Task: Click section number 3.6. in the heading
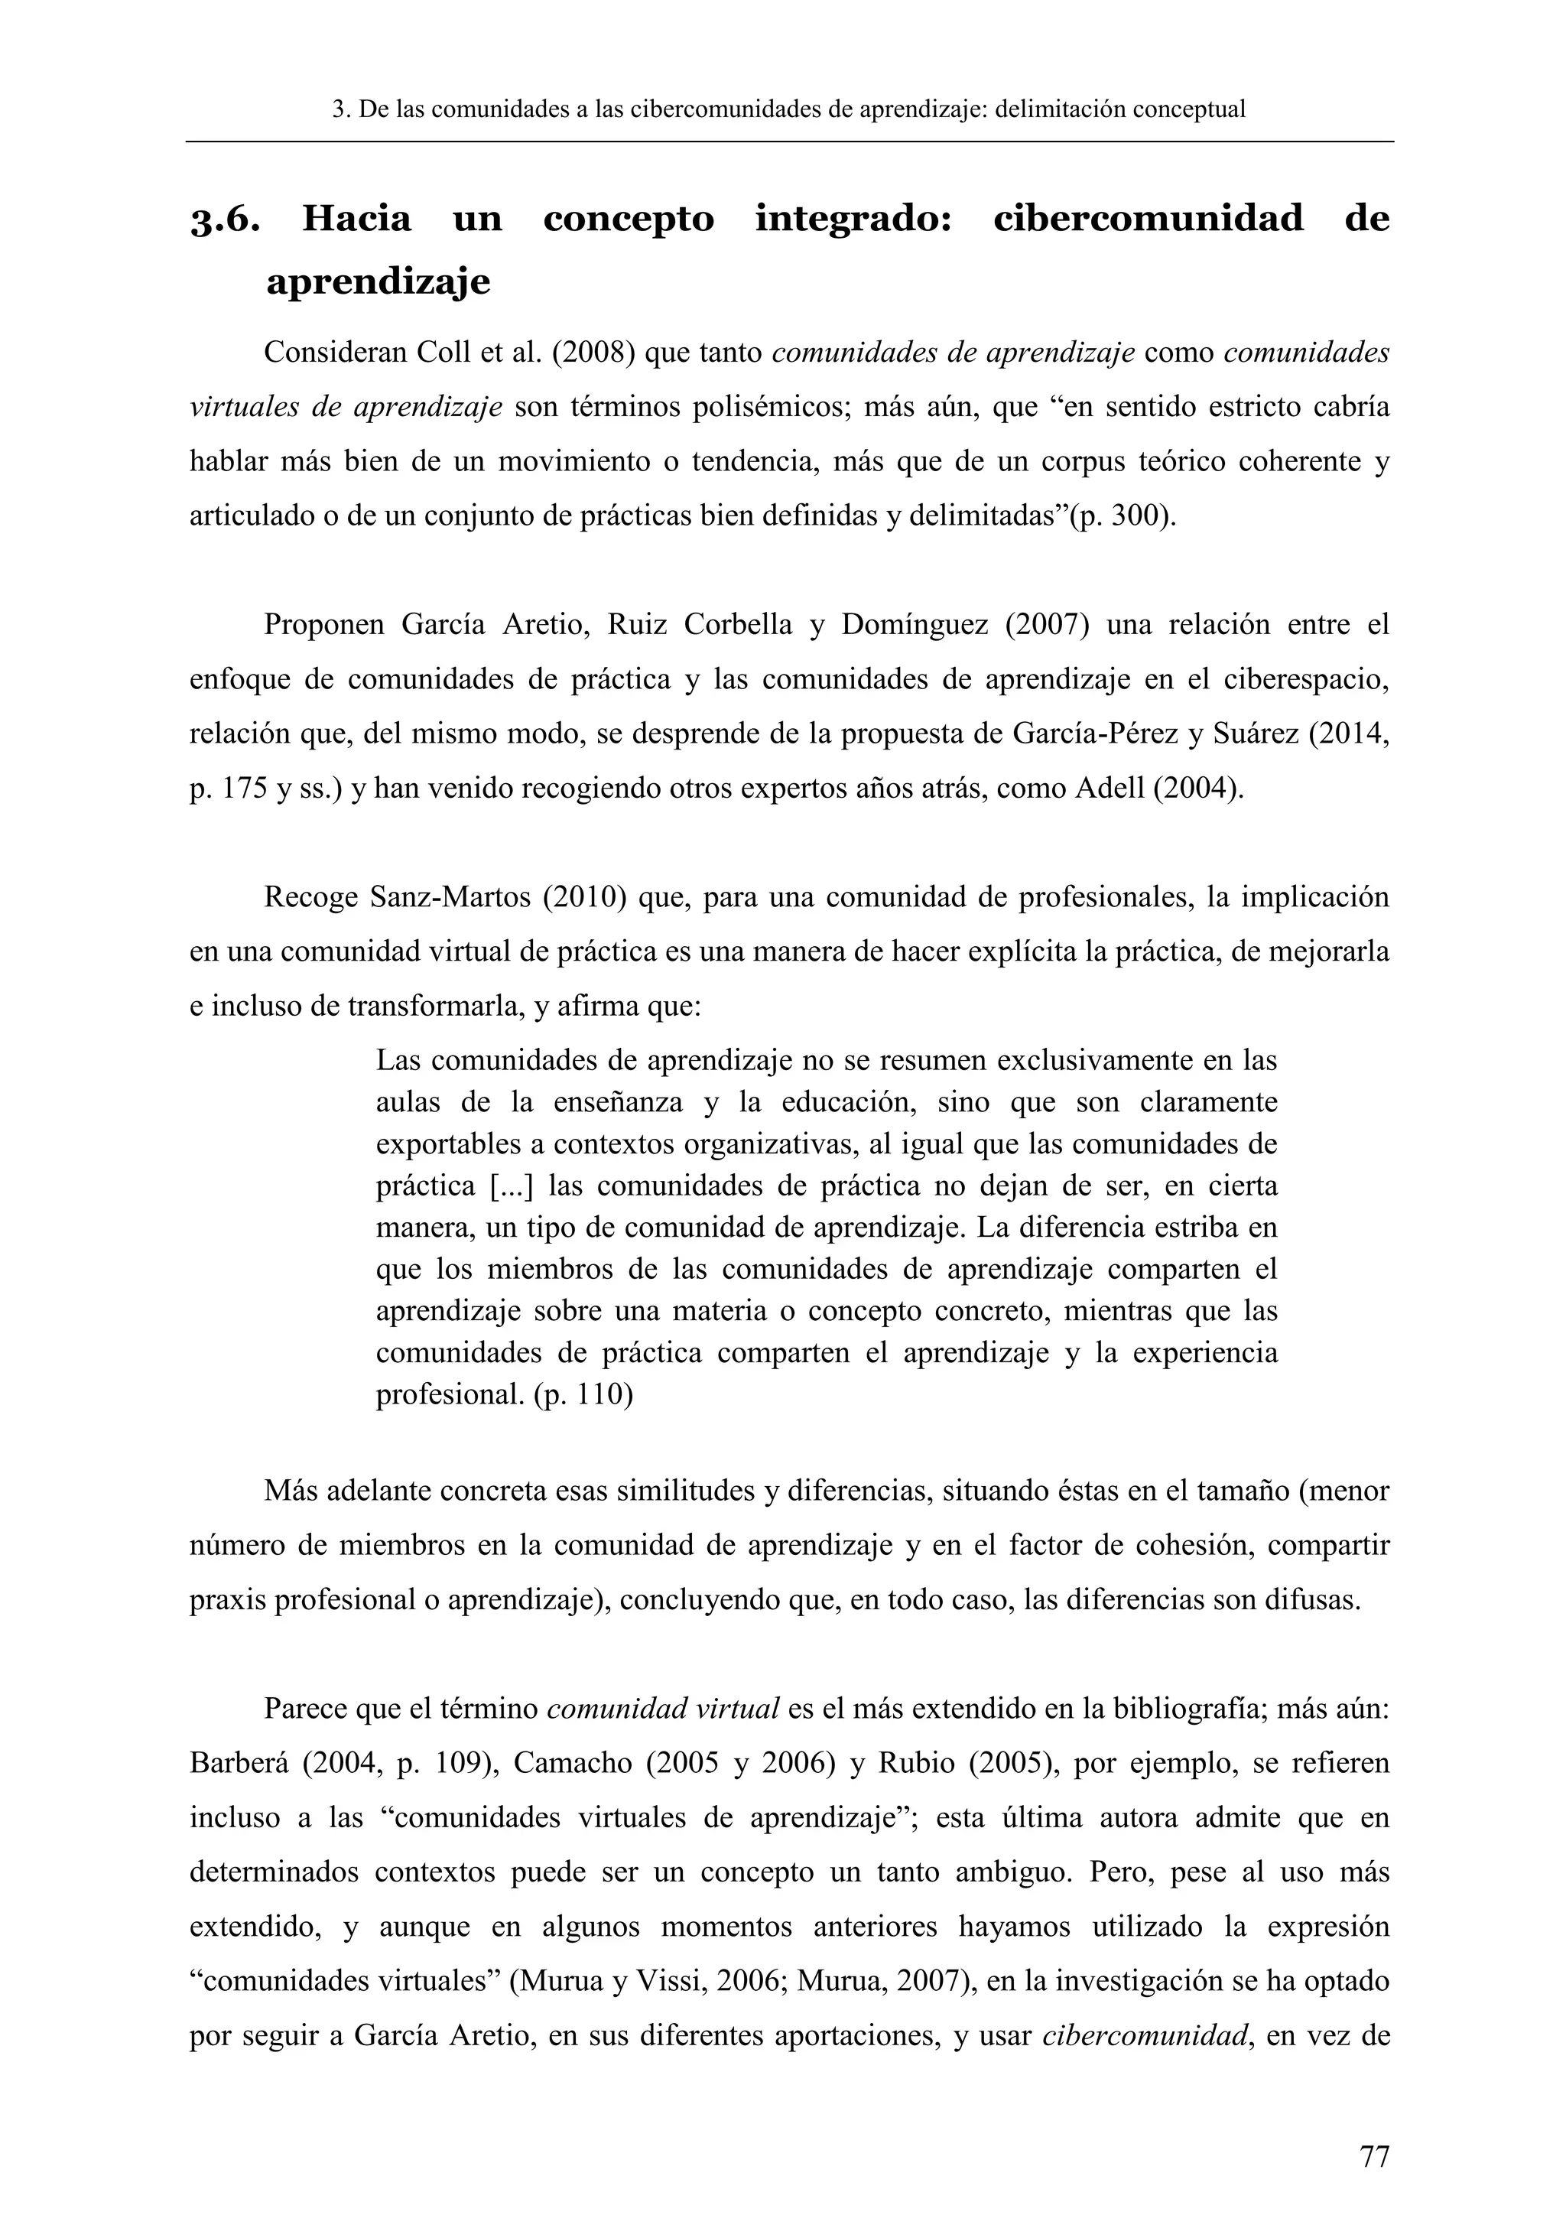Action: pos(225,221)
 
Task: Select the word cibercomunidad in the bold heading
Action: pos(1148,219)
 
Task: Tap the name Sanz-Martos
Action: pos(450,897)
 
